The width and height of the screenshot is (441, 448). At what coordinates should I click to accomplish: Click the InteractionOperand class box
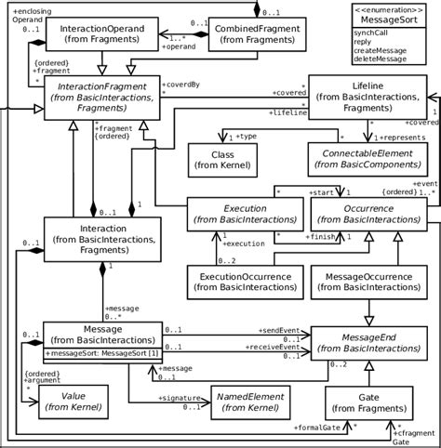point(101,36)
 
